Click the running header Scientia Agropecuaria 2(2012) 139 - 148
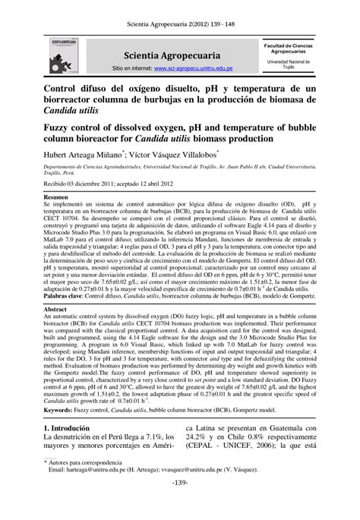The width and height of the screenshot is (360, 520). pos(180,15)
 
